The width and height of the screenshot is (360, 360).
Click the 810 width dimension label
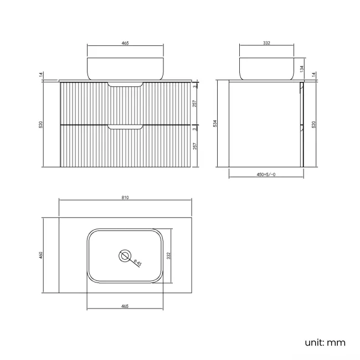point(125,198)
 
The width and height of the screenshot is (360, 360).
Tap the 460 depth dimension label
point(41,255)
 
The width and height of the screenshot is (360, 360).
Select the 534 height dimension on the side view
point(215,124)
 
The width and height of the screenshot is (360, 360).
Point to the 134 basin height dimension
point(302,69)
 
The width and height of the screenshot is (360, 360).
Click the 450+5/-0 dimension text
point(266,174)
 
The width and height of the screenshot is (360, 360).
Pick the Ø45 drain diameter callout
point(138,263)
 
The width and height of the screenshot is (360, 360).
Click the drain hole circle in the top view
point(125,255)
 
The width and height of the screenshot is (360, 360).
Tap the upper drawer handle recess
point(125,84)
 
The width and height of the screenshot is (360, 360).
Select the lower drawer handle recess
point(125,127)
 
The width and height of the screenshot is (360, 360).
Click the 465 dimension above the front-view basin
point(125,43)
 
